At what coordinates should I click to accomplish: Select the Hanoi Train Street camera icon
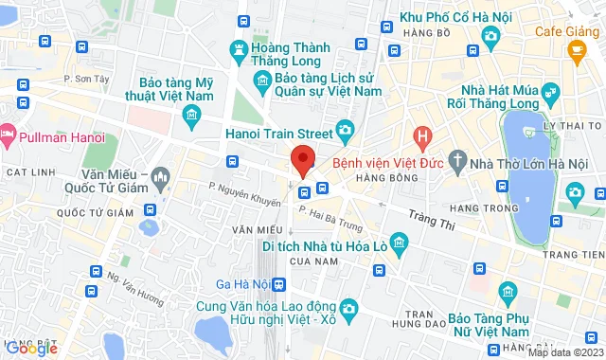[x=345, y=130]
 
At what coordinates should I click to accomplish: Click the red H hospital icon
[x=423, y=136]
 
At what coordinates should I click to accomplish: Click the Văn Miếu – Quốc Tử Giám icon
[x=160, y=176]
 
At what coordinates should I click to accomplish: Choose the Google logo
[x=31, y=348]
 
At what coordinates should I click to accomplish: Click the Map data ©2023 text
[x=562, y=352]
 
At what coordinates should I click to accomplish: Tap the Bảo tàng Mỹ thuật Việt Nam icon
[x=191, y=117]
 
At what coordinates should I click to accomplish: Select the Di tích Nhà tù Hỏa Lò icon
[x=400, y=243]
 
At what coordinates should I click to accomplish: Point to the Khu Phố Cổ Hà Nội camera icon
[x=490, y=35]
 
